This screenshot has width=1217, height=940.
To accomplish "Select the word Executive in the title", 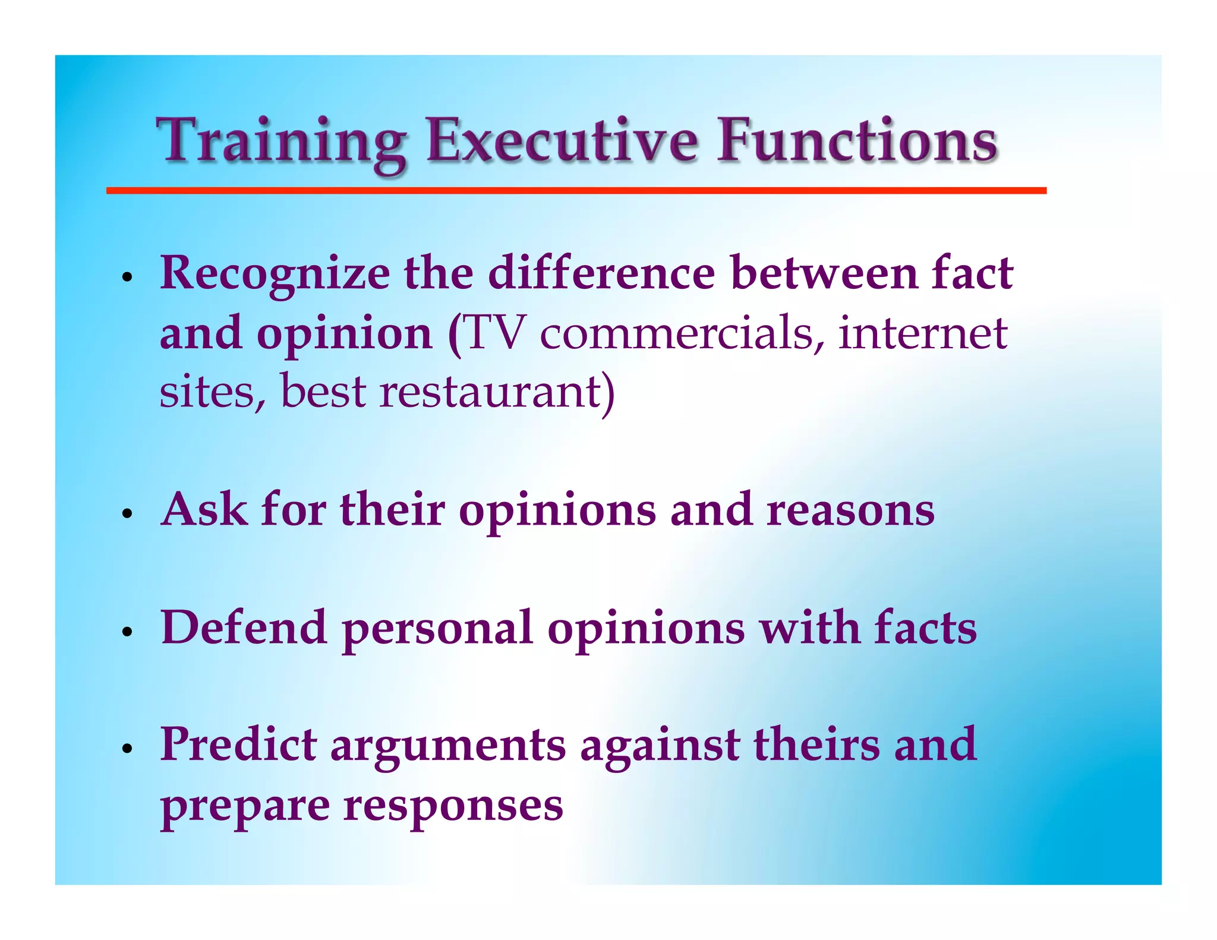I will (562, 141).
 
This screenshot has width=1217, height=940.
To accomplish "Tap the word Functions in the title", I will (856, 141).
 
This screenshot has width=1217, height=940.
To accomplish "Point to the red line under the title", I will (576, 191).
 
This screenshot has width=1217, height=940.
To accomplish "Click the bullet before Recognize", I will (126, 277).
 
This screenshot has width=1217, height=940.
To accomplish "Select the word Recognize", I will (275, 275).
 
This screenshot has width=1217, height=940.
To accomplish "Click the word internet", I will (922, 333).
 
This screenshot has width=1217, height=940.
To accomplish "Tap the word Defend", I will (244, 627).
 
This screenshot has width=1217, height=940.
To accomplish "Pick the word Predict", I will (238, 745).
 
